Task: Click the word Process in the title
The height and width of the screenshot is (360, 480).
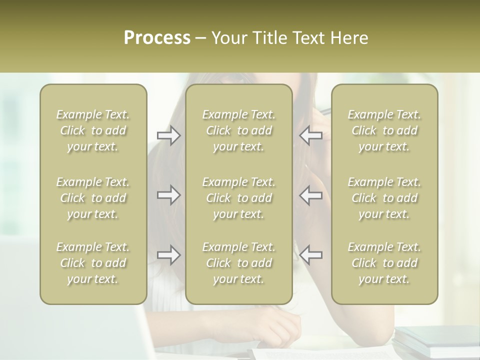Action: point(157,37)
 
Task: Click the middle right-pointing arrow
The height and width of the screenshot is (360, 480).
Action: point(168,195)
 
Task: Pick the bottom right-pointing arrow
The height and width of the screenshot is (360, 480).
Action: point(168,255)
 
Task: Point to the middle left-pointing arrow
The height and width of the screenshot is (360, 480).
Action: point(310,195)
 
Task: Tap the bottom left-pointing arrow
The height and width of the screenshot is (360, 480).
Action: point(310,255)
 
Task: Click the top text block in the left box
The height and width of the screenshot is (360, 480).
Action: point(93,130)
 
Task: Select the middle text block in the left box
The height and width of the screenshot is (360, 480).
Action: point(93,198)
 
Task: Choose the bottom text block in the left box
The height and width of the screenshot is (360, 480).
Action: point(93,263)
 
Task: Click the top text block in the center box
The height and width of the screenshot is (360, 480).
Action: point(239,130)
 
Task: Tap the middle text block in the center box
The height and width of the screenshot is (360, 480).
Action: point(239,198)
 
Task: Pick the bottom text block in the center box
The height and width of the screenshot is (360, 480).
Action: point(239,263)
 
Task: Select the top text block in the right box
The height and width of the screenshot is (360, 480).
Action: point(384,130)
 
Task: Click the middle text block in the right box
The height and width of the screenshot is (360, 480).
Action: point(384,198)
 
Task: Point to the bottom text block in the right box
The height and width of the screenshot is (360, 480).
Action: point(384,263)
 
